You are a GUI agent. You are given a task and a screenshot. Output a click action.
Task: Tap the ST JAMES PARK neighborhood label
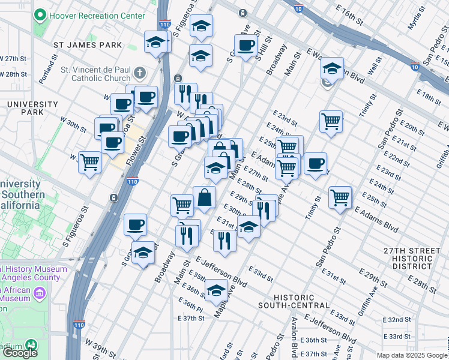point(87,45)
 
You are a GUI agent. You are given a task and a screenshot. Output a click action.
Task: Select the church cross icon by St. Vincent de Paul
point(140,73)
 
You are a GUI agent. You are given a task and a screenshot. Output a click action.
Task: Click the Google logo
point(20,352)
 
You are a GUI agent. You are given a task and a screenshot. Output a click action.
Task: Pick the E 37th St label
point(191,318)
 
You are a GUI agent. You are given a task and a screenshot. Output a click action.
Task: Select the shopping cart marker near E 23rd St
point(331,122)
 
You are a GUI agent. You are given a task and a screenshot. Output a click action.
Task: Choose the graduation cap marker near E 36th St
point(215,292)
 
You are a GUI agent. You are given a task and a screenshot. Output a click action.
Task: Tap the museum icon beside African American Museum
point(40,293)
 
